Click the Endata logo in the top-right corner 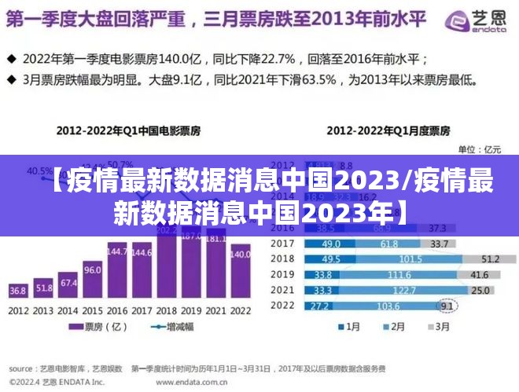click(473, 23)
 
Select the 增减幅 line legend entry click(165, 327)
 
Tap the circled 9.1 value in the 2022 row click(447, 306)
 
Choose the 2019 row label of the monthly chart click(283, 275)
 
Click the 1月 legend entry click(349, 327)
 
